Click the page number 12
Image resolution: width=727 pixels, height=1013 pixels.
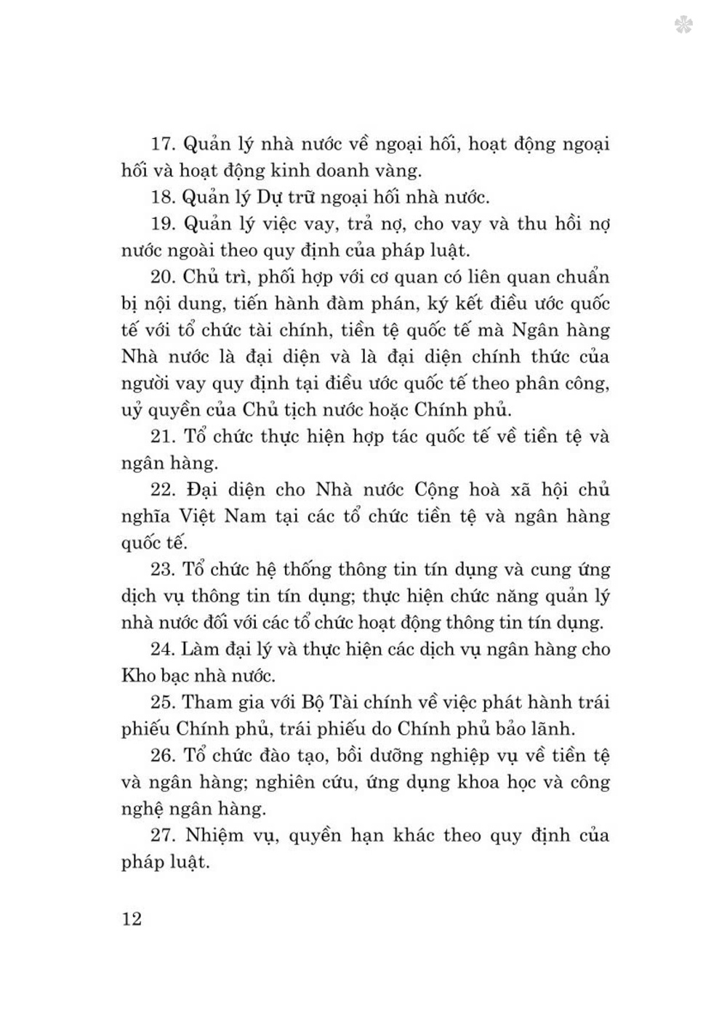click(x=132, y=919)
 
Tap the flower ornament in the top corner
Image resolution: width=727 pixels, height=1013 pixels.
click(x=683, y=25)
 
